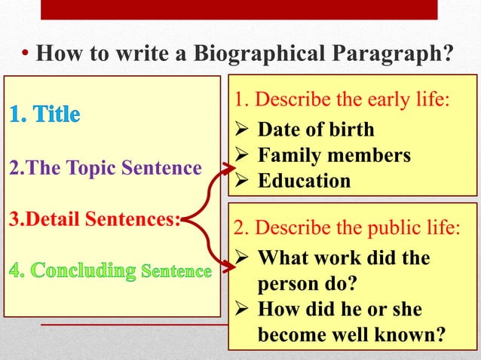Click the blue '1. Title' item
pyautogui.click(x=44, y=115)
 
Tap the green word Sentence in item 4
pyautogui.click(x=176, y=270)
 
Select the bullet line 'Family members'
pyautogui.click(x=334, y=155)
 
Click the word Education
pyautogui.click(x=304, y=181)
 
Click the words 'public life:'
pyautogui.click(x=415, y=227)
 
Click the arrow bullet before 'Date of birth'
pyautogui.click(x=243, y=130)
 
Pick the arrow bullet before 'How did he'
pyautogui.click(x=243, y=310)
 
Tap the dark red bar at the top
pyautogui.click(x=239, y=9)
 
